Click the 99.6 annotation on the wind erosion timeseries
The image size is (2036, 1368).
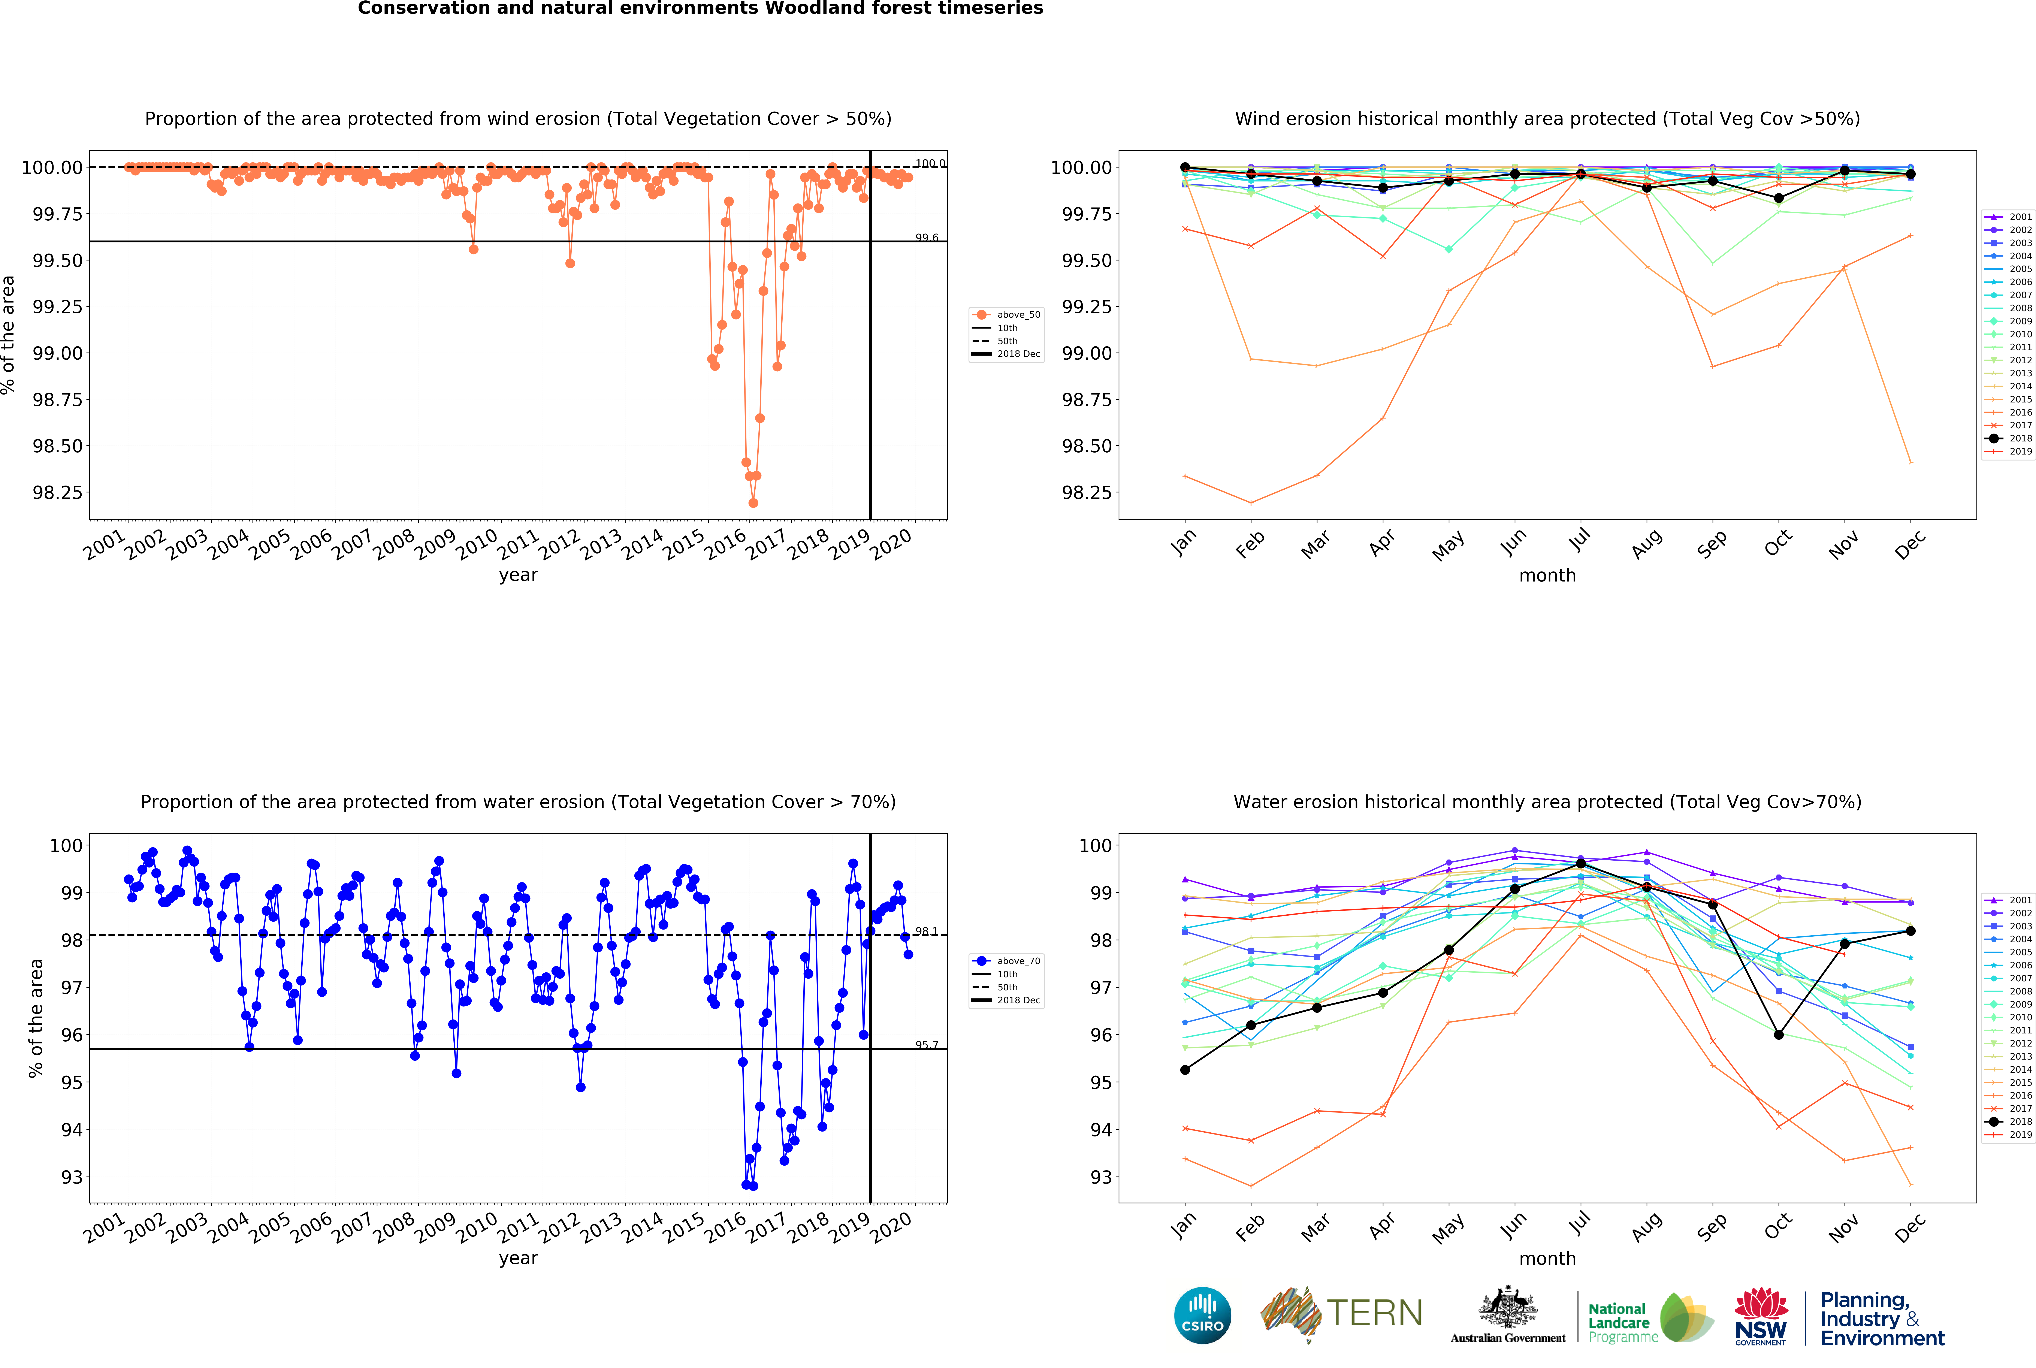click(926, 237)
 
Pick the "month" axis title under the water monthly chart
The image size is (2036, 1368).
click(1547, 1258)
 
